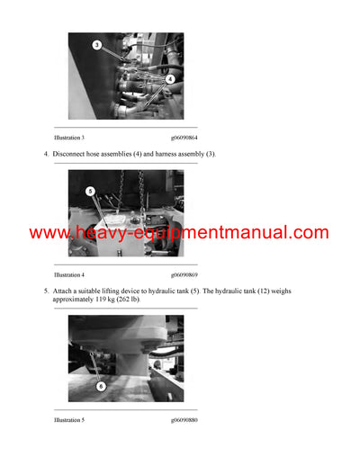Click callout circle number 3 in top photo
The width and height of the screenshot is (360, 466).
click(x=97, y=45)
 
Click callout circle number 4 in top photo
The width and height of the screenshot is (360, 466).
click(x=168, y=78)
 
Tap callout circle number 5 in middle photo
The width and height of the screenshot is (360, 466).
click(x=91, y=191)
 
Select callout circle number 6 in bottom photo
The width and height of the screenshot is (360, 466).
click(x=100, y=386)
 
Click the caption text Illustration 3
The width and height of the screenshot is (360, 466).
click(x=69, y=137)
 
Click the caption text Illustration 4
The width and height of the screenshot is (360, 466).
click(x=69, y=274)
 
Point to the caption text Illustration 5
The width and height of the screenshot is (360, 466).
click(x=69, y=420)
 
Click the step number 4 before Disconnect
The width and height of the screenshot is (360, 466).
click(x=46, y=155)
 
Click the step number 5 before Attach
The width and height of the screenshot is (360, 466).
click(x=46, y=291)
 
